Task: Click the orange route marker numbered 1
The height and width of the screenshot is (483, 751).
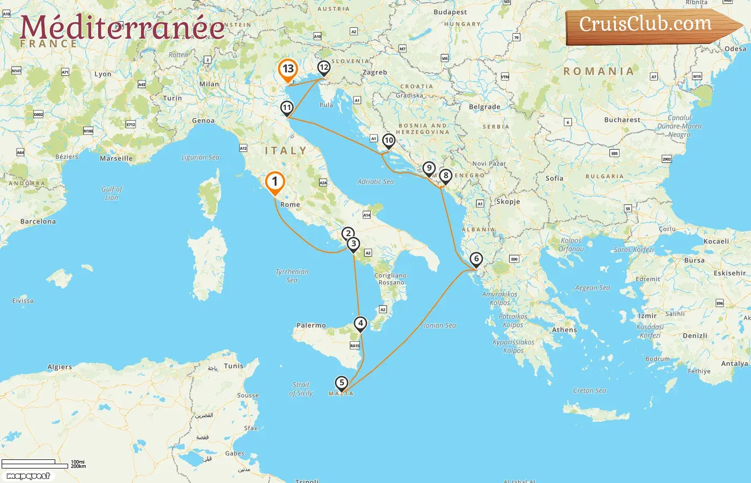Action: point(275,181)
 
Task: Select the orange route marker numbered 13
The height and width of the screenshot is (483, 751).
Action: point(288,69)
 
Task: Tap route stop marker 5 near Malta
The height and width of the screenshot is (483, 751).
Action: point(341,383)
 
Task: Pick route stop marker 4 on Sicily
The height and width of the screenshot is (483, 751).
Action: point(360,323)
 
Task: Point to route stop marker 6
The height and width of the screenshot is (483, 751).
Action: point(476,259)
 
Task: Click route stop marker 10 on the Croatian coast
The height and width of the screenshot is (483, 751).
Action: point(389,141)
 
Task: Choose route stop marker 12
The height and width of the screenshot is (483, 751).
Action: point(323,68)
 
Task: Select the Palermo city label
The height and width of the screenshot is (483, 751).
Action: point(311,325)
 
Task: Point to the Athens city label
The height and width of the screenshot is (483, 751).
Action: point(564,330)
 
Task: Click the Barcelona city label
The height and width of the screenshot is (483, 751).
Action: point(38,221)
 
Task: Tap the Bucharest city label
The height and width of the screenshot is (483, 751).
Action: point(622,120)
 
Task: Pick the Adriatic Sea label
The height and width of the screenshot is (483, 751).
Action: point(376,182)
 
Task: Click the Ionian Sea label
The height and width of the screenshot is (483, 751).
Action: point(440,325)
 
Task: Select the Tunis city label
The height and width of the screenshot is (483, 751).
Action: point(233,366)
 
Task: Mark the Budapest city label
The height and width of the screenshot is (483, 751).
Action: point(450,12)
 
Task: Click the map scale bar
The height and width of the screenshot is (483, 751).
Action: point(35,464)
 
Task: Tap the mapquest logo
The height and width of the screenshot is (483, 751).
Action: point(28,476)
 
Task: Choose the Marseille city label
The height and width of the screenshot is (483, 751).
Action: point(116,158)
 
